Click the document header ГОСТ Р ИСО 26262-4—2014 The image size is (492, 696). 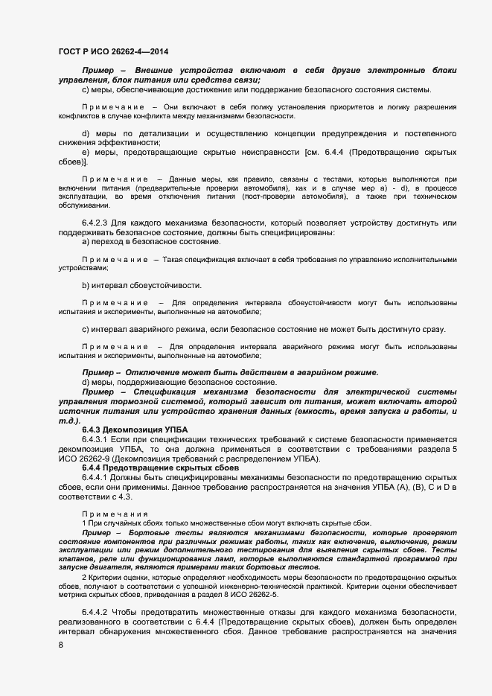click(x=112, y=51)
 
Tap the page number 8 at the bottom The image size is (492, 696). click(x=60, y=645)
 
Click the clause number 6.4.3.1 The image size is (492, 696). click(x=95, y=440)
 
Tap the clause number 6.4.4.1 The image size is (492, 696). click(x=95, y=476)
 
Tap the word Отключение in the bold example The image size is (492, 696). click(x=152, y=372)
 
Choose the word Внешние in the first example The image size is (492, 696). click(x=157, y=69)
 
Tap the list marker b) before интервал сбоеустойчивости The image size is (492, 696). click(x=86, y=285)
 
